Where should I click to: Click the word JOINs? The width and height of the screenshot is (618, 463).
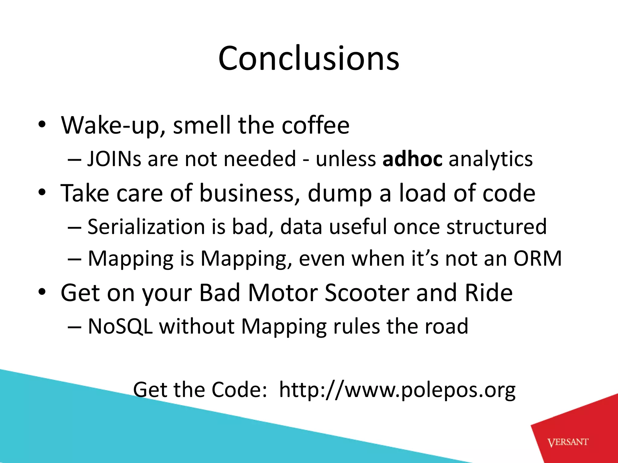114,159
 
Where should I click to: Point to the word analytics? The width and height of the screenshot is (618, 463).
491,159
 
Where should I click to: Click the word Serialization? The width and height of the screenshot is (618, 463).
146,226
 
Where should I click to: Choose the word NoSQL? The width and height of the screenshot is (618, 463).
120,326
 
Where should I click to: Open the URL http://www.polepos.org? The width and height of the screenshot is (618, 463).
397,390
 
